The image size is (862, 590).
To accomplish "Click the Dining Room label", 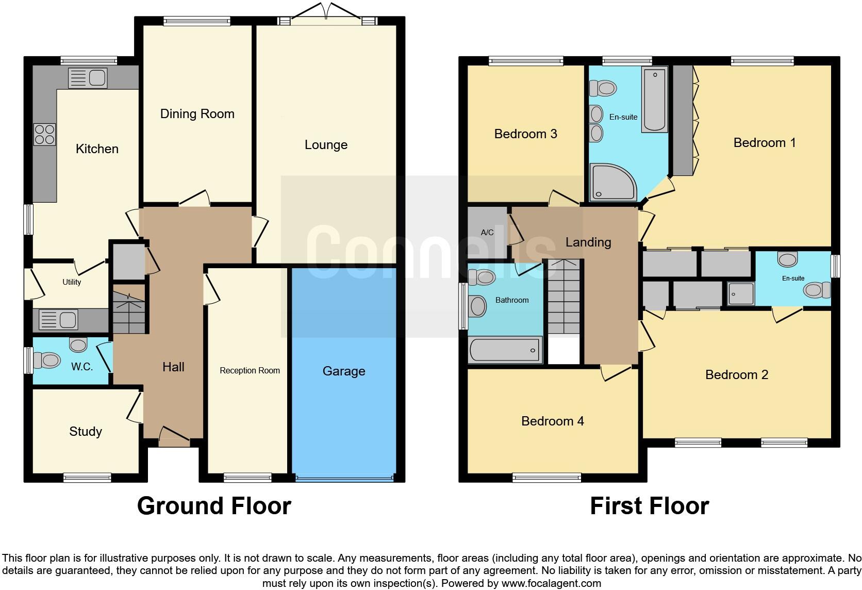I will (197, 114).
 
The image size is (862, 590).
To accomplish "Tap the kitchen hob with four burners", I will (44, 134).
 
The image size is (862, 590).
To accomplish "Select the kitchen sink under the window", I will (88, 78).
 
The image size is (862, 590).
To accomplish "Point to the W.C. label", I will (82, 367).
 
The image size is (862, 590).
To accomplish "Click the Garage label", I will (344, 371).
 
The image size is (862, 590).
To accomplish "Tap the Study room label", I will (86, 431).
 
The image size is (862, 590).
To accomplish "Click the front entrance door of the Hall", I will (174, 437).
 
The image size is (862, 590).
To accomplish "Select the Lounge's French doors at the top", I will (326, 14).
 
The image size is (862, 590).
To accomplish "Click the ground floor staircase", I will (128, 309).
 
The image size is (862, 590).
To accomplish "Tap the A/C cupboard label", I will (487, 233).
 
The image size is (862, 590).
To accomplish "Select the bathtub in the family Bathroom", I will (505, 350).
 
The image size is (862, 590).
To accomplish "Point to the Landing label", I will (588, 242).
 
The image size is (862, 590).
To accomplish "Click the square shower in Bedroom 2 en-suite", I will (740, 294).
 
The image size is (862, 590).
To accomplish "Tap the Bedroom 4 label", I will (552, 421).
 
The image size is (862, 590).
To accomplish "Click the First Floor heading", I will (649, 506).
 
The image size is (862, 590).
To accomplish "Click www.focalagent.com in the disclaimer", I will (551, 583).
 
